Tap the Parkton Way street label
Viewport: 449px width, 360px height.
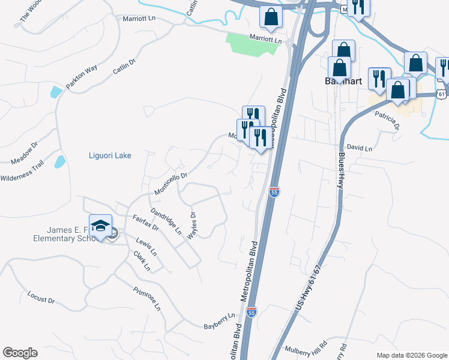click(82, 77)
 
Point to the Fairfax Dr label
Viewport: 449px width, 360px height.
click(145, 224)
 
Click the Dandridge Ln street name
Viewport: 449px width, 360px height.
click(166, 221)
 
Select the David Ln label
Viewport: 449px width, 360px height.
click(360, 148)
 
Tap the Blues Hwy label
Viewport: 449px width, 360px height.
click(340, 170)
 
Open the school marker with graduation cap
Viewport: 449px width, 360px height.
click(101, 226)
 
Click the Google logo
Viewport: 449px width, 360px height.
click(20, 353)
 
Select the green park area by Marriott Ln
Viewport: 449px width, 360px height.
click(252, 44)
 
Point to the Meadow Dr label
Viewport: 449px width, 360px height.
click(24, 153)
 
